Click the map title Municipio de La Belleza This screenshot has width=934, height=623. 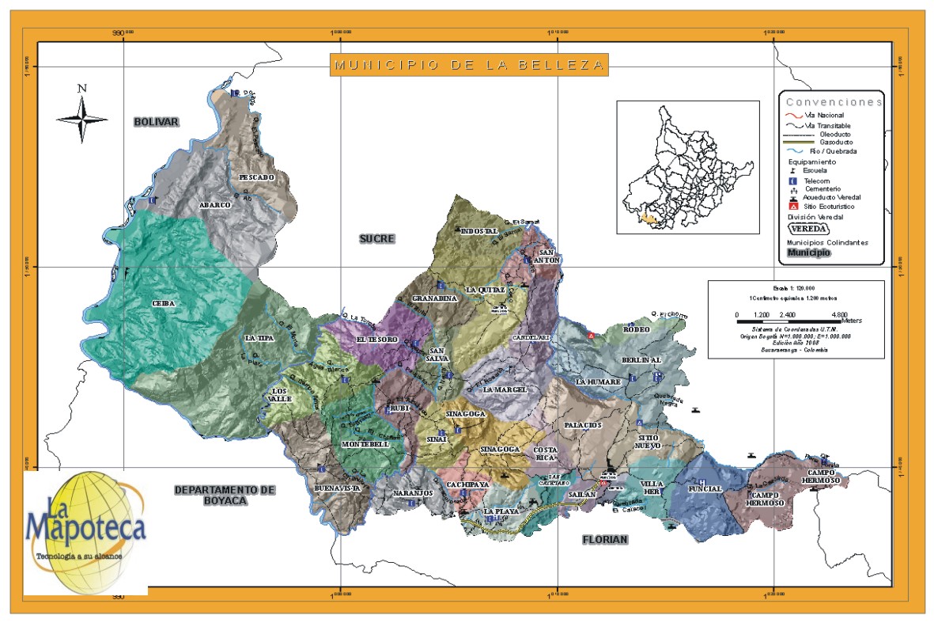(468, 65)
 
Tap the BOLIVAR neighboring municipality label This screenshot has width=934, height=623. (156, 122)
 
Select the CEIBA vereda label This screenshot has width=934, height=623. (164, 303)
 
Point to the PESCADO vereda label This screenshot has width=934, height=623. (255, 177)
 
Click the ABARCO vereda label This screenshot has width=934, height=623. (214, 205)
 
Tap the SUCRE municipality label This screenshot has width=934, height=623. (376, 238)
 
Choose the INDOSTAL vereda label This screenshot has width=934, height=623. (478, 231)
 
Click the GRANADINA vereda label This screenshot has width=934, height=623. (435, 298)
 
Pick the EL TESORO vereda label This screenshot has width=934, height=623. (376, 340)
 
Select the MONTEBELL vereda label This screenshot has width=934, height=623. (365, 445)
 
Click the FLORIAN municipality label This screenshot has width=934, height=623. (604, 540)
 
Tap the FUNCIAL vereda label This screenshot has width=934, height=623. (705, 489)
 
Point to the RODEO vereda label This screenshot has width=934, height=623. (636, 329)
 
